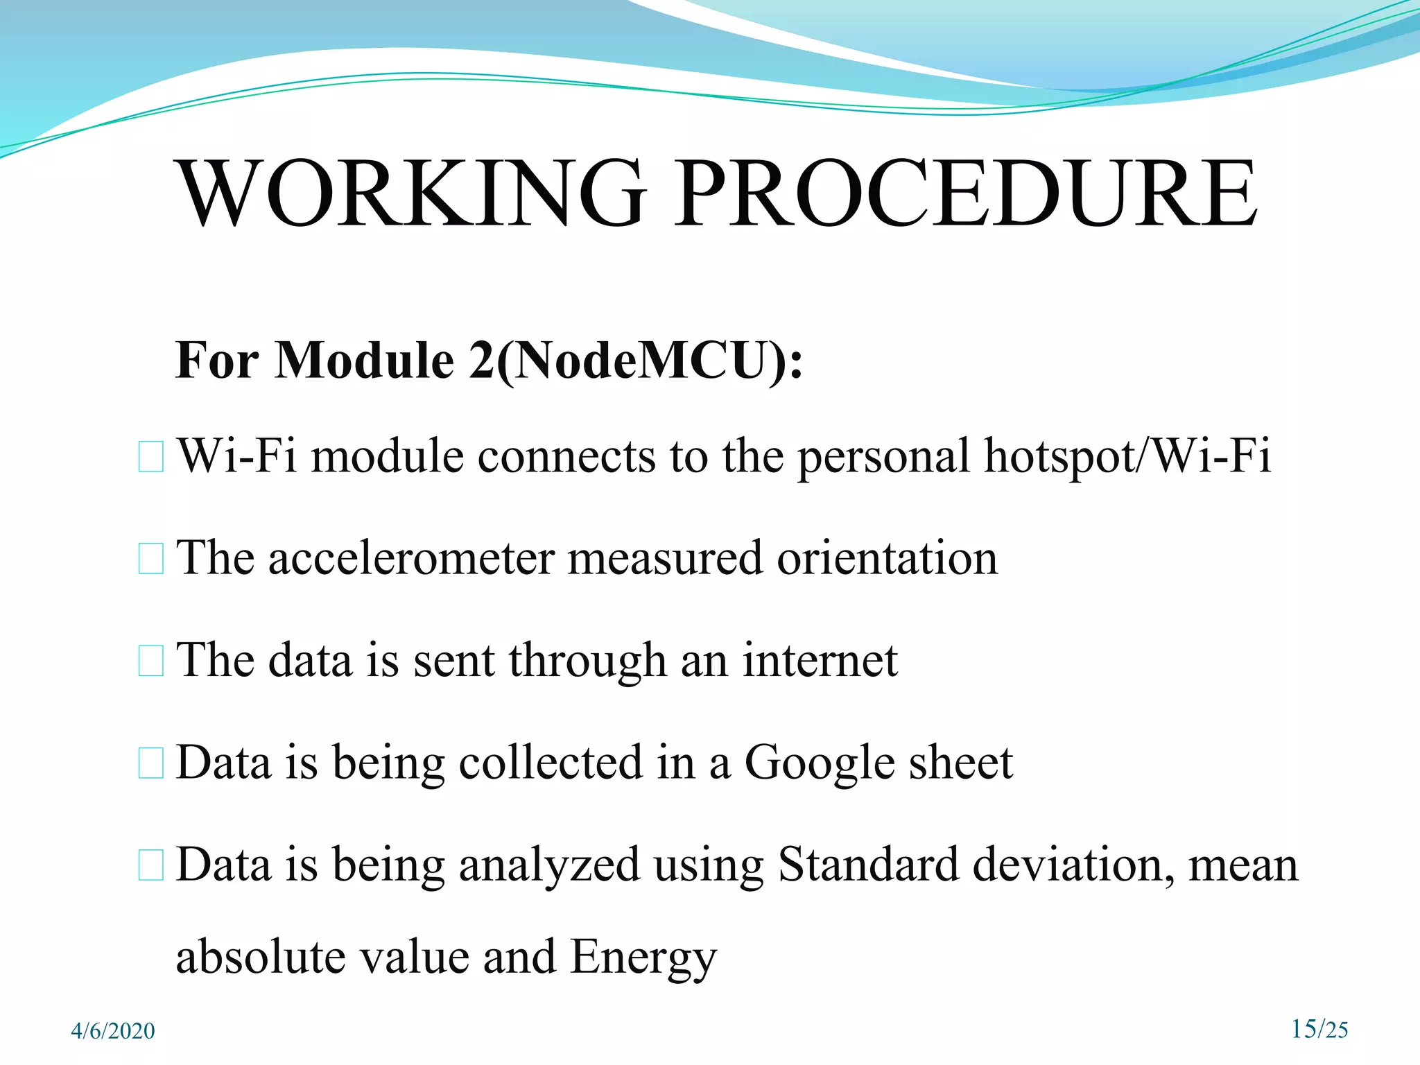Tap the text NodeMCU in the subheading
[x=642, y=361]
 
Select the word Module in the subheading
[x=363, y=361]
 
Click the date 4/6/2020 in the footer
[x=113, y=1031]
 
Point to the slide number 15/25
[x=1319, y=1029]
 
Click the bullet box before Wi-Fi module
[x=150, y=458]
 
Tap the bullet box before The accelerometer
[x=150, y=559]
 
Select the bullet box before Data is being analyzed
[x=150, y=865]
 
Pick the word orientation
[x=887, y=559]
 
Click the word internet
[x=820, y=660]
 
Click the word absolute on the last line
[x=261, y=957]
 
